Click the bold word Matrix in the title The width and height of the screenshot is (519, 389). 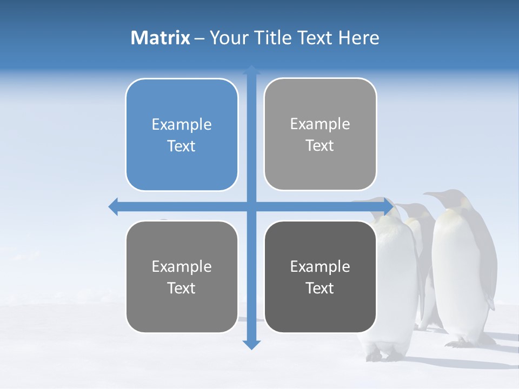pyautogui.click(x=160, y=38)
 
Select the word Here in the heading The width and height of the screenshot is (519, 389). pyautogui.click(x=359, y=38)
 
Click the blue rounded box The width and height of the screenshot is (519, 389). pyautogui.click(x=182, y=135)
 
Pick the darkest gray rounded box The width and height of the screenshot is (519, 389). pyautogui.click(x=320, y=277)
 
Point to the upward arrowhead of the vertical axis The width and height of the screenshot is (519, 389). pyautogui.click(x=251, y=70)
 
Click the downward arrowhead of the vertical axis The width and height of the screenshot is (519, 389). pyautogui.click(x=251, y=344)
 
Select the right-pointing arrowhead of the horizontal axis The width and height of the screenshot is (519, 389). pyautogui.click(x=388, y=206)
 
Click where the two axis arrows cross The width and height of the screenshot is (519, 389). pyautogui.click(x=251, y=206)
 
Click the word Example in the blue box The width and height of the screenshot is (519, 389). pyautogui.click(x=182, y=124)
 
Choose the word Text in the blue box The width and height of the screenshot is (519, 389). pyautogui.click(x=182, y=146)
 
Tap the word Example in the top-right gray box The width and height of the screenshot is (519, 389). pyautogui.click(x=320, y=124)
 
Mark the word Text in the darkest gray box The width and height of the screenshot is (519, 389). pyautogui.click(x=320, y=288)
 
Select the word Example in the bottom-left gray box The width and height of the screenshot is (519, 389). pyautogui.click(x=182, y=266)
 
